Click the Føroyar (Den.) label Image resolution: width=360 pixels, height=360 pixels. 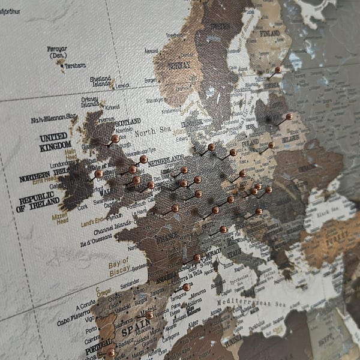click(57, 52)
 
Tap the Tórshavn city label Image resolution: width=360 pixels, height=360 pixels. click(75, 65)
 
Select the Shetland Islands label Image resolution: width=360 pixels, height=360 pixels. click(101, 80)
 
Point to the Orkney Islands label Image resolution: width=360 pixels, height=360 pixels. click(89, 102)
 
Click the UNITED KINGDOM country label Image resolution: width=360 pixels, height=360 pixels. click(55, 142)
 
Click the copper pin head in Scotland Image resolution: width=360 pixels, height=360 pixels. click(115, 139)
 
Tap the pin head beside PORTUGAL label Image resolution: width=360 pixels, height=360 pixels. click(111, 353)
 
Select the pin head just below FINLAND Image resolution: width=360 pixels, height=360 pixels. click(278, 70)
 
